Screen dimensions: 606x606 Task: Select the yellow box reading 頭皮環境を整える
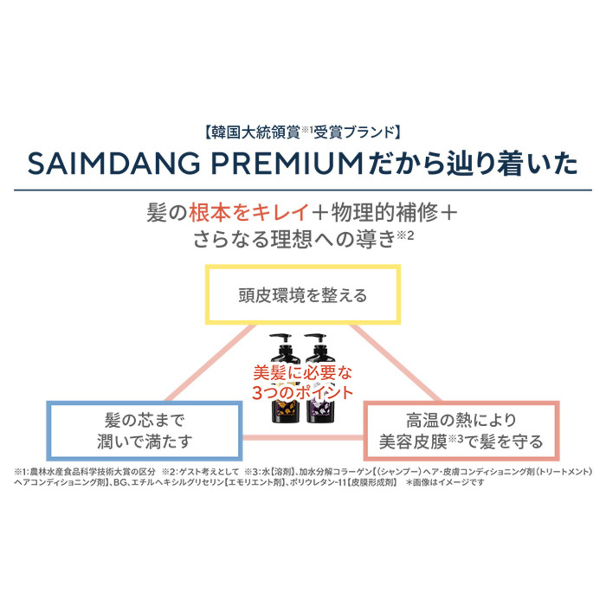(302, 295)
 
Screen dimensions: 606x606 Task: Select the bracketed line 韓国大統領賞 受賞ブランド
(302, 132)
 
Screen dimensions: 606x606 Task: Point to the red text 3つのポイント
(302, 393)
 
